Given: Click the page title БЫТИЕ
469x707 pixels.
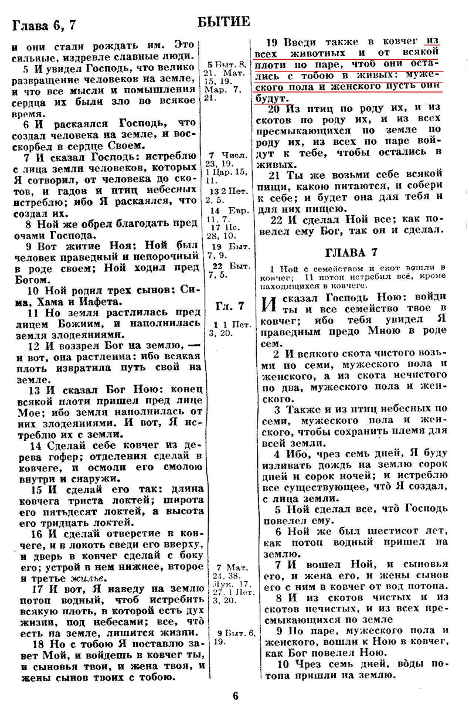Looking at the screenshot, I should click(x=225, y=22).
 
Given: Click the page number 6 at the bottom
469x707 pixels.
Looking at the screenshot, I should click(x=235, y=696).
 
